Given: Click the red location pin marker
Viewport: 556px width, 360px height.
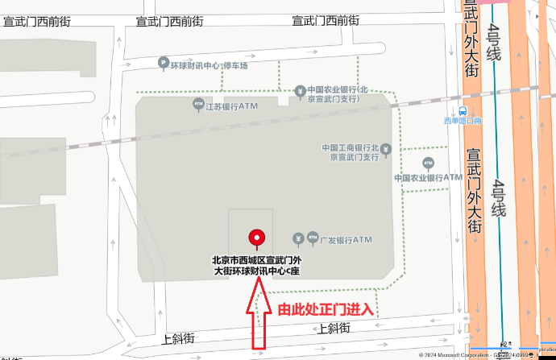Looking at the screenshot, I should tap(257, 238).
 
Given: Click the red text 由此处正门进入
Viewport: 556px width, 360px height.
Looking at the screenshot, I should tap(326, 309).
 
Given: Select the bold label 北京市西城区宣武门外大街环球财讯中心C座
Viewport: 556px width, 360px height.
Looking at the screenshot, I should tap(256, 266).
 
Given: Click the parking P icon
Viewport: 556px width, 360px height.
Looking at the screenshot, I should tap(164, 64).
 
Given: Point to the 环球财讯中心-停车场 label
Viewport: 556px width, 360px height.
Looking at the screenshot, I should tap(209, 64).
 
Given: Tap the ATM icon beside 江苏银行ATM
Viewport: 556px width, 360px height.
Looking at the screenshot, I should tap(198, 104).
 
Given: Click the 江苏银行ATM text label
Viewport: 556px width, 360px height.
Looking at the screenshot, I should tap(231, 106).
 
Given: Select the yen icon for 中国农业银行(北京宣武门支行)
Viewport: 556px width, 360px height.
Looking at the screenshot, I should tap(300, 90).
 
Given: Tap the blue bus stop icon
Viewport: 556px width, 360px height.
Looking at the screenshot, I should tap(463, 111).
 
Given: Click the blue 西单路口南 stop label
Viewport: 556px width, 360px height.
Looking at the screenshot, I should tap(463, 122).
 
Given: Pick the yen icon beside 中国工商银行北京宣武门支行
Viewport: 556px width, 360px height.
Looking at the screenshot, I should tap(386, 149).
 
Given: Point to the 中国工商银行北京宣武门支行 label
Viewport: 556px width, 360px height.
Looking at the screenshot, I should tap(351, 152).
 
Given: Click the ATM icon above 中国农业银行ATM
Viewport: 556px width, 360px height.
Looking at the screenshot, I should tap(428, 163).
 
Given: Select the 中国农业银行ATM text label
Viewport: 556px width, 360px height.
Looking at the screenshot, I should tap(428, 177).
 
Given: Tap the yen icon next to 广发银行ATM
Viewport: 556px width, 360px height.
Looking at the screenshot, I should tap(298, 238).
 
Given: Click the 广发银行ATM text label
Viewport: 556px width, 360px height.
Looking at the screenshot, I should tap(345, 239).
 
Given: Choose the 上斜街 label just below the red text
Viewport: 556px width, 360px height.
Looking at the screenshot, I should tap(334, 328).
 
